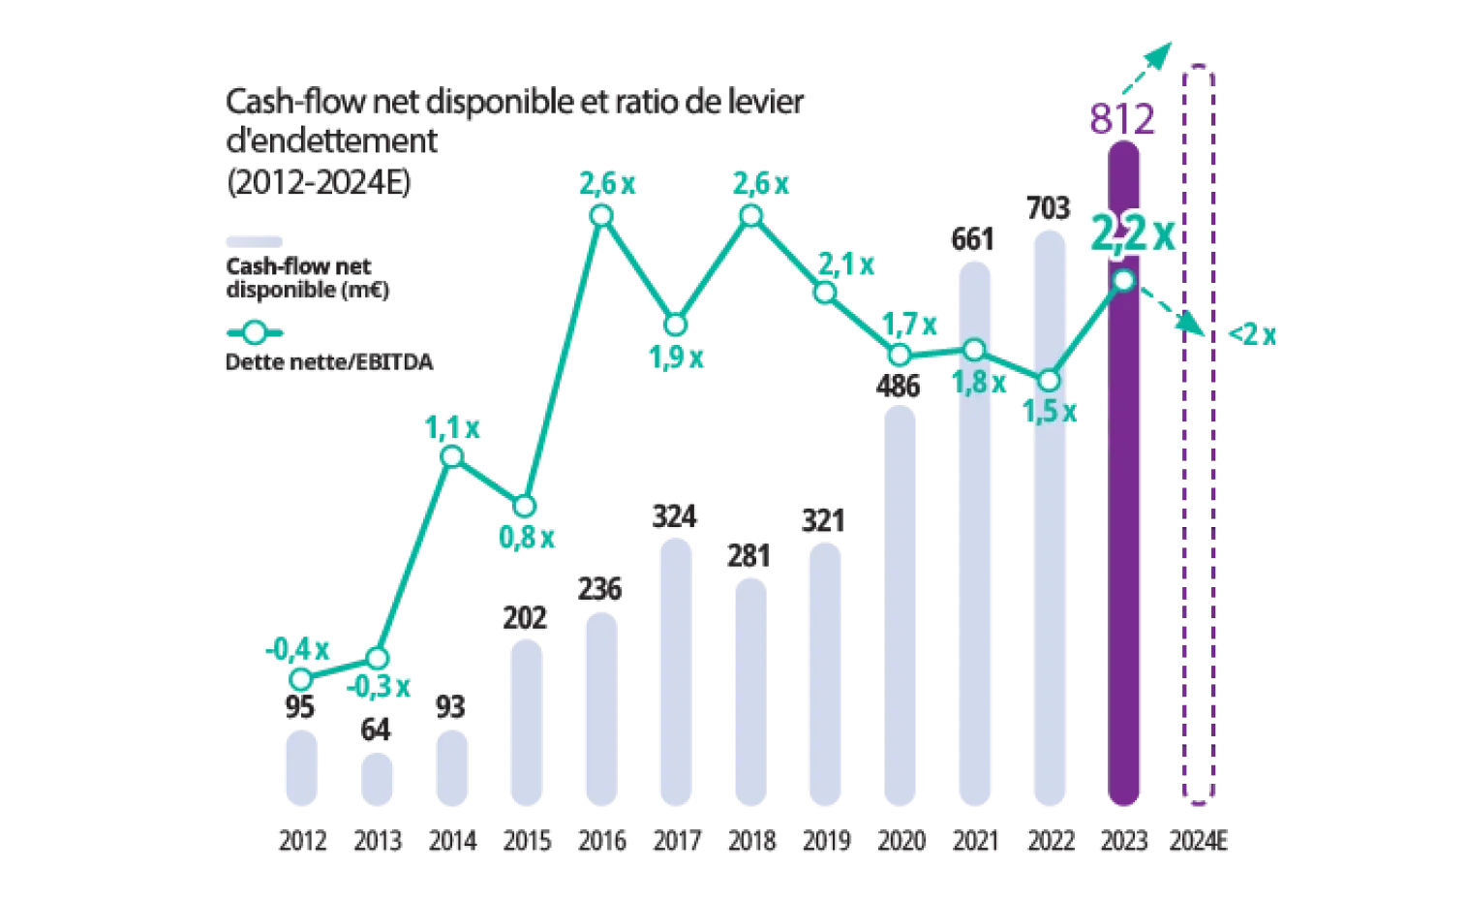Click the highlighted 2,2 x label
1132,233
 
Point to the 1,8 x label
980,383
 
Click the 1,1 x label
449,428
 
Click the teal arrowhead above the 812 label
1159,56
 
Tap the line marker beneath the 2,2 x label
1124,280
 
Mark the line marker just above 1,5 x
1049,380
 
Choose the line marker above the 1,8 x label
975,349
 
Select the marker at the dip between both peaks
676,324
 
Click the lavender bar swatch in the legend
256,239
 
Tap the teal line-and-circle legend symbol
255,333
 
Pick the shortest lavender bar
375,781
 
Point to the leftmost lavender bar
301,770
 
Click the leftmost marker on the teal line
301,680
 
